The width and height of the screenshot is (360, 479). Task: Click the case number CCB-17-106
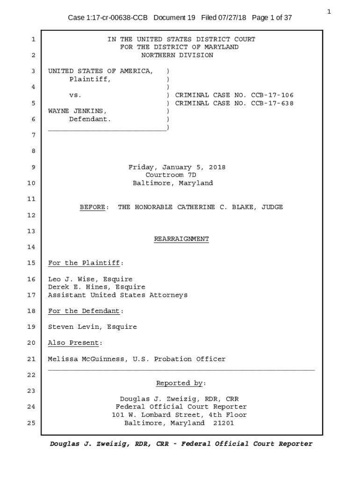[x=272, y=95]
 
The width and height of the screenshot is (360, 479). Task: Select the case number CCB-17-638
[x=272, y=103]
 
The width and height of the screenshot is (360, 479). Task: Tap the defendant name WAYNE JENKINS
[x=77, y=111]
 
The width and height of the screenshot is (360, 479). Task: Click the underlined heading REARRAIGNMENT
[x=181, y=239]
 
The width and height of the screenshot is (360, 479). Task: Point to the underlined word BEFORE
[x=92, y=207]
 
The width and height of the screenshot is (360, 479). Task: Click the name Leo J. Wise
[x=73, y=279]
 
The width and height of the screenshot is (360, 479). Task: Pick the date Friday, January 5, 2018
[x=177, y=167]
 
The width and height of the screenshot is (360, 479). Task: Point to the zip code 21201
[x=221, y=423]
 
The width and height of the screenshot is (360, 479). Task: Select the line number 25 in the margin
[x=31, y=423]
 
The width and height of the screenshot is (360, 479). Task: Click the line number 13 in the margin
[x=31, y=231]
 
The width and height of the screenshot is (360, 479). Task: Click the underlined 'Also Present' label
[x=73, y=343]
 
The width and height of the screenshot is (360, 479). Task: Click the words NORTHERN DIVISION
[x=177, y=55]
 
